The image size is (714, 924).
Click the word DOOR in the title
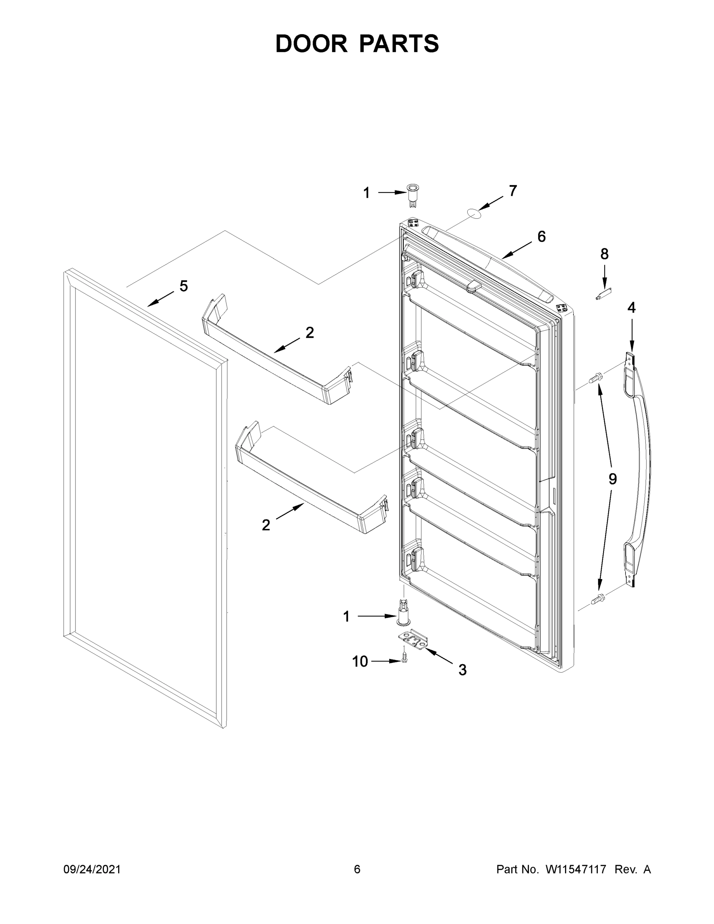pyautogui.click(x=311, y=44)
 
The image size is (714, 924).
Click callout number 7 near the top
pyautogui.click(x=513, y=191)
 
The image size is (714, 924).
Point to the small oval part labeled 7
pyautogui.click(x=475, y=214)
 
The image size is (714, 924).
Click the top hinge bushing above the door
pyautogui.click(x=411, y=195)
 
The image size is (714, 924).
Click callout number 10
pyautogui.click(x=360, y=661)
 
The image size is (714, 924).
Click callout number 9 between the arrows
pyautogui.click(x=612, y=479)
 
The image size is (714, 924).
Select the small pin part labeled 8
pyautogui.click(x=604, y=294)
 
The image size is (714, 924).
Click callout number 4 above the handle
pyautogui.click(x=631, y=308)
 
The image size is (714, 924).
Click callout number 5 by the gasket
pyautogui.click(x=183, y=286)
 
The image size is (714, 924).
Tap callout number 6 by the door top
pyautogui.click(x=542, y=236)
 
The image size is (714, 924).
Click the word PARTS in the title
pyautogui.click(x=399, y=44)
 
